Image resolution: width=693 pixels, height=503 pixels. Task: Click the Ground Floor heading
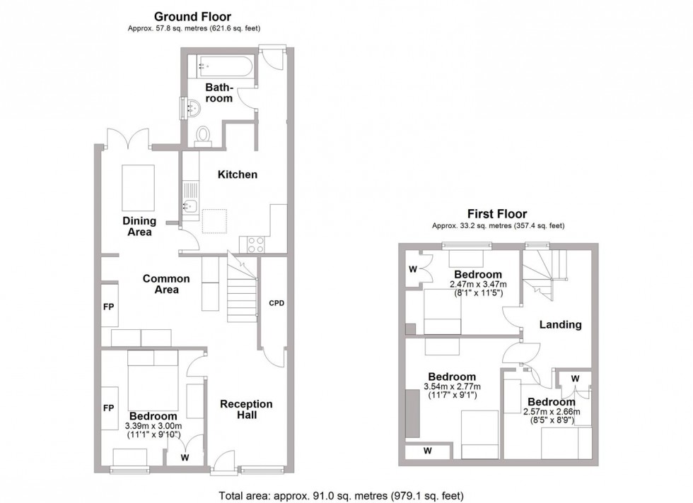tap(192, 16)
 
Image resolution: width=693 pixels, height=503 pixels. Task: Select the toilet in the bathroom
tap(203, 135)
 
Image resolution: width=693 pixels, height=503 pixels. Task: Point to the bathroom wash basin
tap(191, 108)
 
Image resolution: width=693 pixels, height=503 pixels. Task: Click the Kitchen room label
tap(237, 174)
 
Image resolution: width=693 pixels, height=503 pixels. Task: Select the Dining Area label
tap(139, 226)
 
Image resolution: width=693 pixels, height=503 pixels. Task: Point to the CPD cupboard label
tap(276, 303)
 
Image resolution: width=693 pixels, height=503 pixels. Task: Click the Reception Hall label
tap(246, 410)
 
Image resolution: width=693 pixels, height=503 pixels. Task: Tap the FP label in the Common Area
tap(109, 307)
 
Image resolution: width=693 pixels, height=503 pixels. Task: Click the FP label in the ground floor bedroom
tap(109, 408)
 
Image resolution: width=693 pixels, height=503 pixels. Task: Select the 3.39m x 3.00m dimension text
tap(153, 426)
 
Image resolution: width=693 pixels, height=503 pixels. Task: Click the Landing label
tap(560, 325)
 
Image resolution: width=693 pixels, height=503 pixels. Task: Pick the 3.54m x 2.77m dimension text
tap(450, 386)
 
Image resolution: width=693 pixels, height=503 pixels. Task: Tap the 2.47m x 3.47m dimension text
tap(478, 285)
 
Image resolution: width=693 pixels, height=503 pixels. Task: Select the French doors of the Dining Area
tap(127, 138)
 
